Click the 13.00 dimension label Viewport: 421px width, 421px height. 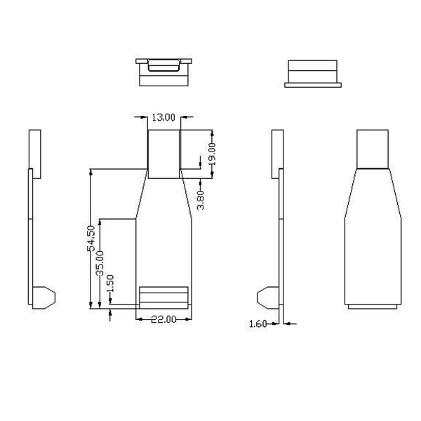click(163, 117)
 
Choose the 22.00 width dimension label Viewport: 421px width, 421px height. click(163, 319)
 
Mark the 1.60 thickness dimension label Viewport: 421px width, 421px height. click(258, 323)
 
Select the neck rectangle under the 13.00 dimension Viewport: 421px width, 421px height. click(163, 153)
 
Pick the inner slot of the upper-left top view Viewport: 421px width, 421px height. click(164, 68)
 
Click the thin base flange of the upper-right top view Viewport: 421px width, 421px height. click(313, 85)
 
